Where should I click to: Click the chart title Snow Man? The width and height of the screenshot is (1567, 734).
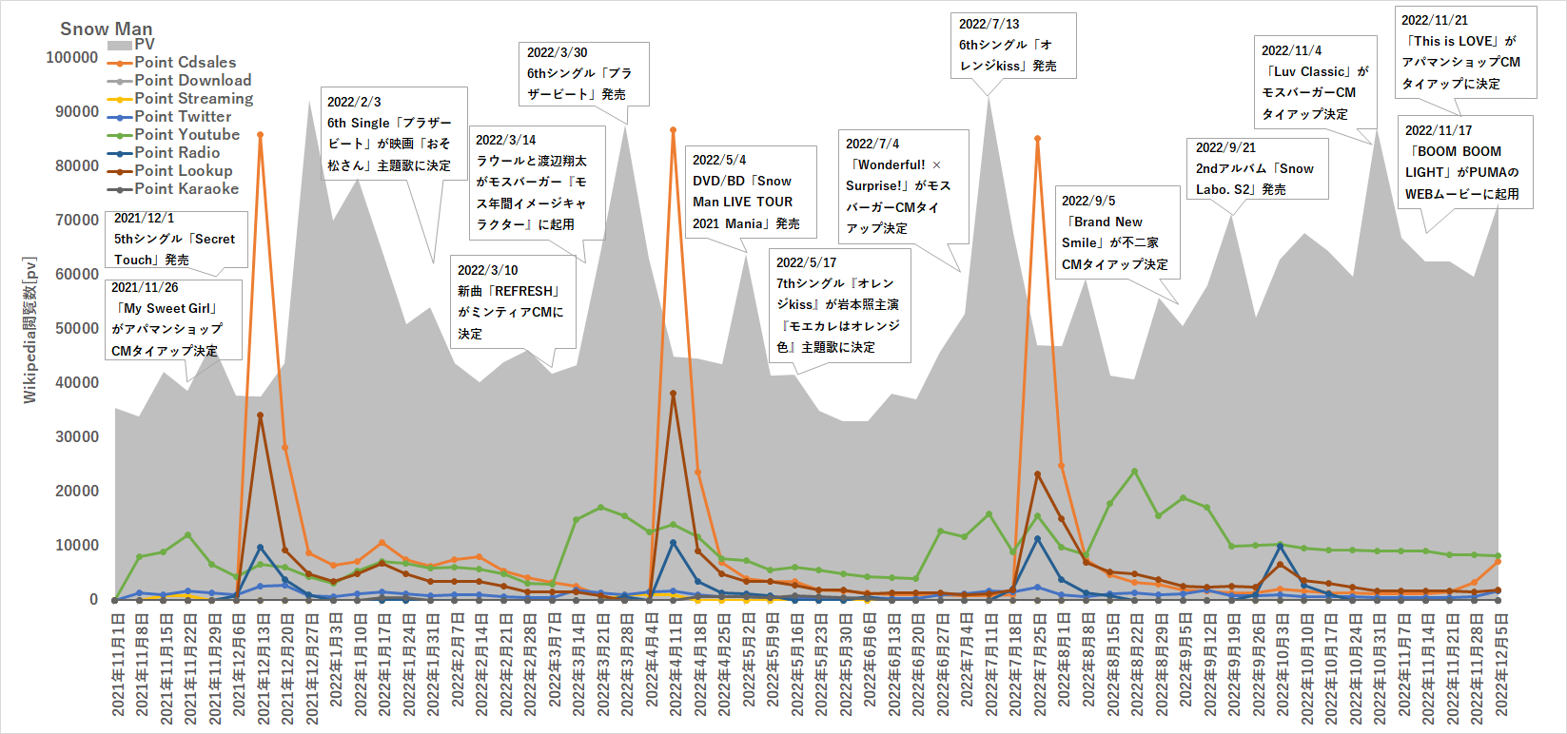tap(106, 29)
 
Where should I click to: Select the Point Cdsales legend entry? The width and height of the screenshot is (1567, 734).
tap(185, 63)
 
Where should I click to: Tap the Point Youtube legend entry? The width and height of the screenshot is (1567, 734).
tap(186, 135)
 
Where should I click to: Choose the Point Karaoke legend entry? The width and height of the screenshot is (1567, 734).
tap(186, 189)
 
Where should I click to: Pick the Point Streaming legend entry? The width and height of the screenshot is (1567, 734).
tap(193, 99)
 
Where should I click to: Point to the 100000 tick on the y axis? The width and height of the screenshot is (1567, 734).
tap(72, 58)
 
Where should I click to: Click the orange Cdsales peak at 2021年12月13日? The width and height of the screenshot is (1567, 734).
tap(260, 135)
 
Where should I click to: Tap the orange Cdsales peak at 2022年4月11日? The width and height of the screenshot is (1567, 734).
tap(673, 129)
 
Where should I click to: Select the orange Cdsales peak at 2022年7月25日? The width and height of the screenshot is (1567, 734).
tap(1037, 139)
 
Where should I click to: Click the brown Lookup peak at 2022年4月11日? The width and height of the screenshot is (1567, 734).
tap(673, 393)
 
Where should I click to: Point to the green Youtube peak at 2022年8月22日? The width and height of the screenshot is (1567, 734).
tap(1134, 472)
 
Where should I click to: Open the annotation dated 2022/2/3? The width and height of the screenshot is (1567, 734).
tap(394, 133)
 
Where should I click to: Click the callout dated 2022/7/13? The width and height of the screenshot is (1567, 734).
tap(1012, 45)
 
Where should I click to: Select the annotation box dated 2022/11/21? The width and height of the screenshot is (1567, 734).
tap(1465, 51)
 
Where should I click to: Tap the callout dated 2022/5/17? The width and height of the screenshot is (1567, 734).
tap(839, 304)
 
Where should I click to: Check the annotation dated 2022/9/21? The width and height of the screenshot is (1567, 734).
tap(1256, 169)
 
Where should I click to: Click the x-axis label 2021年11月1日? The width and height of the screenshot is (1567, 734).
tap(118, 666)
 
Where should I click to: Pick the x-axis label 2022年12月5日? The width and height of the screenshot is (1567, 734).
tap(1500, 666)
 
